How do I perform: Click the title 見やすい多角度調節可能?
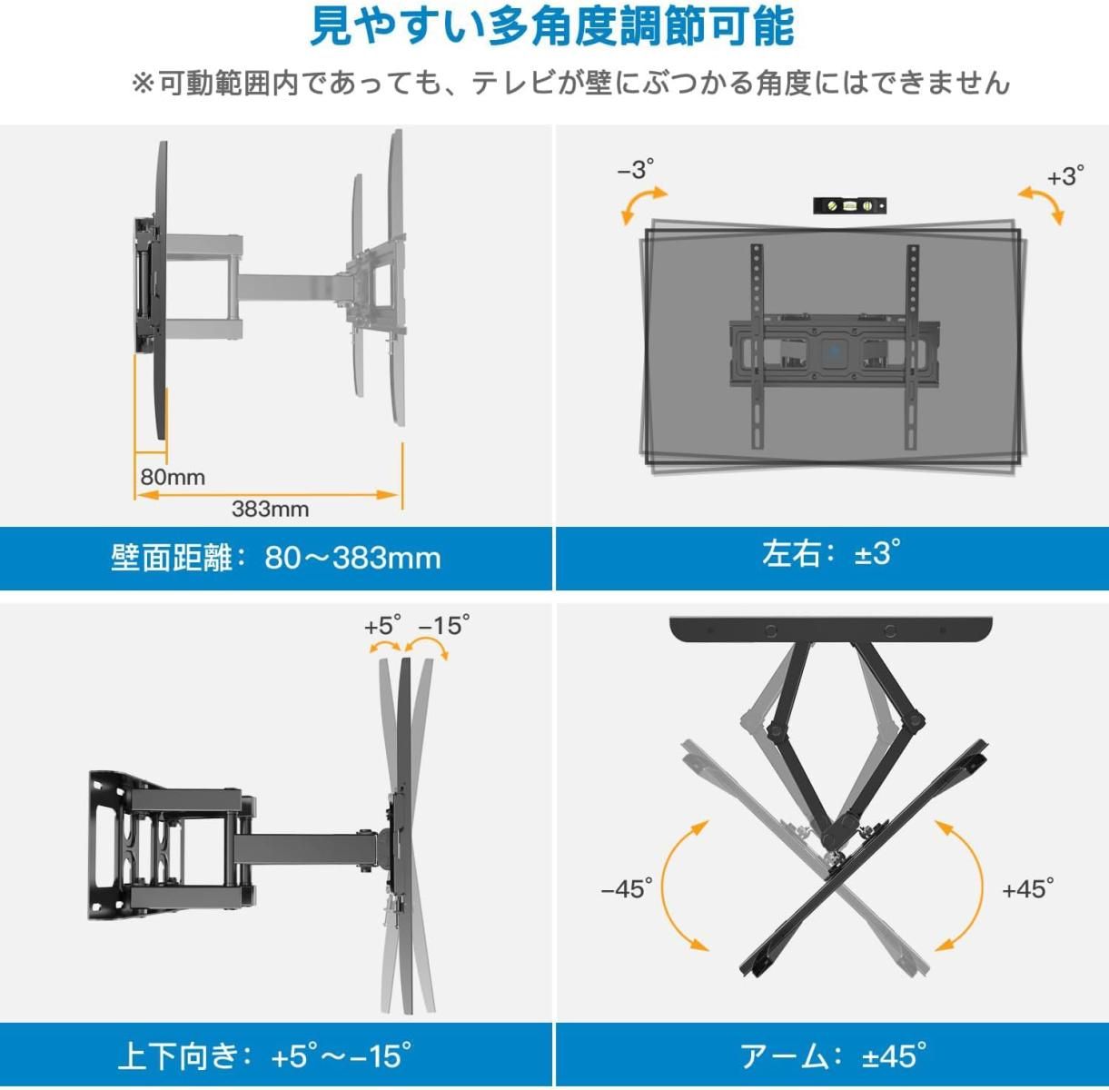click(x=552, y=27)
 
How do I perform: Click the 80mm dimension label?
click(x=173, y=478)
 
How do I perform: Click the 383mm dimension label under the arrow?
click(x=270, y=509)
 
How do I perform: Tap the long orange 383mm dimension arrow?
click(x=268, y=495)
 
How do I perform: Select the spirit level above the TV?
click(x=849, y=205)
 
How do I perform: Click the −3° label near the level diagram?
click(x=636, y=169)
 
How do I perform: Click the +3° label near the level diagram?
click(x=1065, y=175)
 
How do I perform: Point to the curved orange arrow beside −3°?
click(x=641, y=203)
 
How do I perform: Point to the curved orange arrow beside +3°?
click(x=1043, y=203)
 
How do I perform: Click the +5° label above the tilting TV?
click(x=382, y=625)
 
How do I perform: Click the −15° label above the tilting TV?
click(x=444, y=625)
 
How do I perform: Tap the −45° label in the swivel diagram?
click(x=627, y=888)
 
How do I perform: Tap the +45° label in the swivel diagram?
click(x=1028, y=889)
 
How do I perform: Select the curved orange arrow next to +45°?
click(x=981, y=887)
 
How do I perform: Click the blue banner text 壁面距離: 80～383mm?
click(x=276, y=558)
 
